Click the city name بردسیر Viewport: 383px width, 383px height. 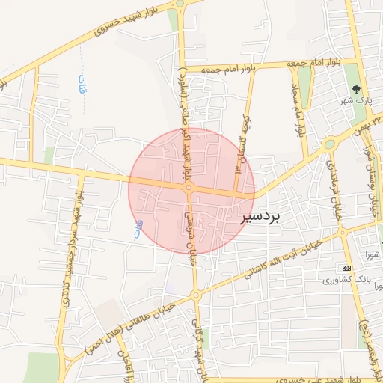(x=260, y=217)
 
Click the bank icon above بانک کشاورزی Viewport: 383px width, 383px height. (x=346, y=268)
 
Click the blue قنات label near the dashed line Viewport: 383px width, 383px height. (x=82, y=85)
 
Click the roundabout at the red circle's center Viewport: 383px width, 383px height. (x=189, y=188)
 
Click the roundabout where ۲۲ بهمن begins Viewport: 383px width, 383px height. (x=329, y=144)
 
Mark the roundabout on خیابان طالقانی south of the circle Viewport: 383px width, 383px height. (x=195, y=295)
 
